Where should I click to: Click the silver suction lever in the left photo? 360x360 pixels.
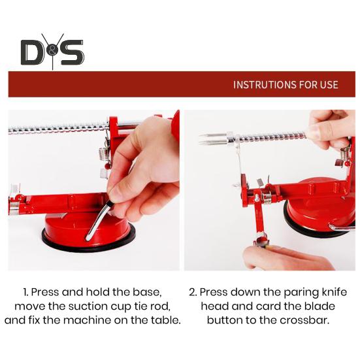(x=97, y=220)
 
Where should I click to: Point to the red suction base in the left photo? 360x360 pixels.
(x=88, y=232)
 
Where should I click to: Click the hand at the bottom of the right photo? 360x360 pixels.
(x=287, y=257)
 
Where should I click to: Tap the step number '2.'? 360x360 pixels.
(x=193, y=292)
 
